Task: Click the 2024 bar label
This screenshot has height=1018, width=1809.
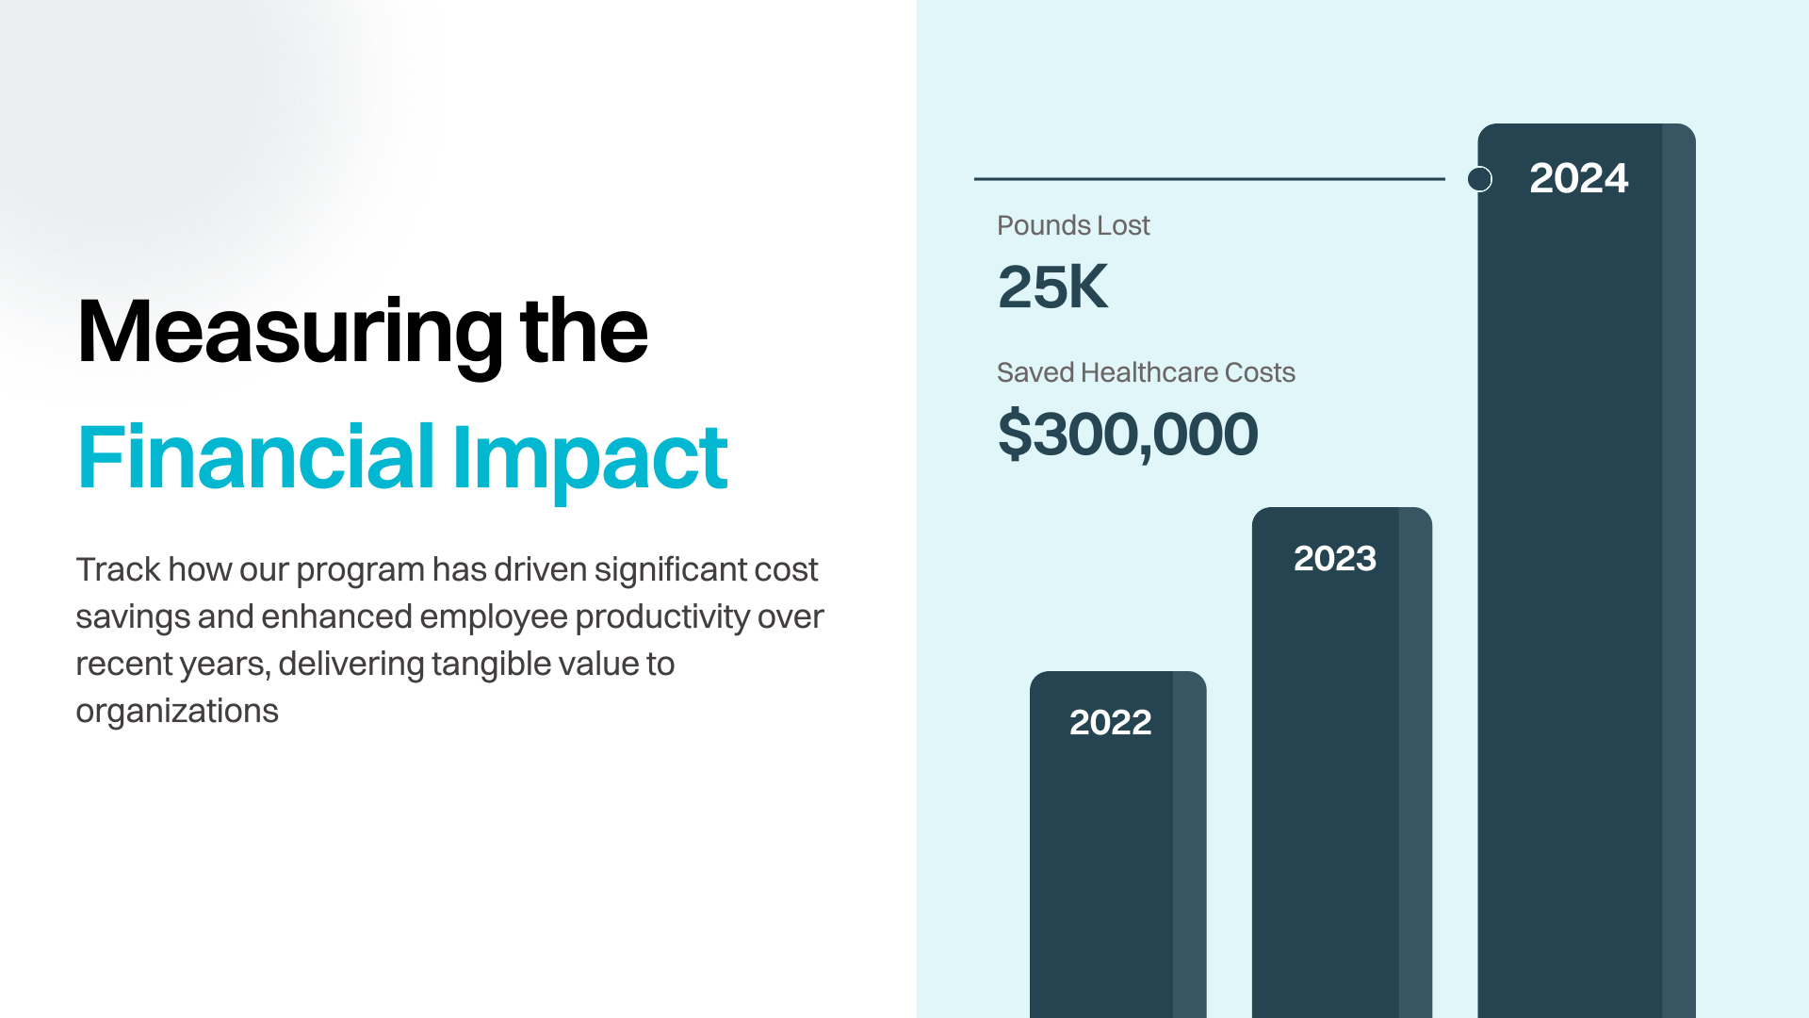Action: (1578, 178)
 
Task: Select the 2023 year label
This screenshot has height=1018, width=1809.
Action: (1334, 558)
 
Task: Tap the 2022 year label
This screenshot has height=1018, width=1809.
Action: (1110, 722)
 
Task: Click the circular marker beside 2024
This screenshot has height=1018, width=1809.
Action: (1480, 179)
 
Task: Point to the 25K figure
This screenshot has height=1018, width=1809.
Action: (1052, 287)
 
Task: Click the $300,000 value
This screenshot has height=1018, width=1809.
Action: (1127, 434)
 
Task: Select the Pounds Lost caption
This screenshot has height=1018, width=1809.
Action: (1072, 225)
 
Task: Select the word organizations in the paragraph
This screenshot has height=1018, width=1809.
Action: (176, 711)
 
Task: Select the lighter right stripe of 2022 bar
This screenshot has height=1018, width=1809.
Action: (1189, 848)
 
